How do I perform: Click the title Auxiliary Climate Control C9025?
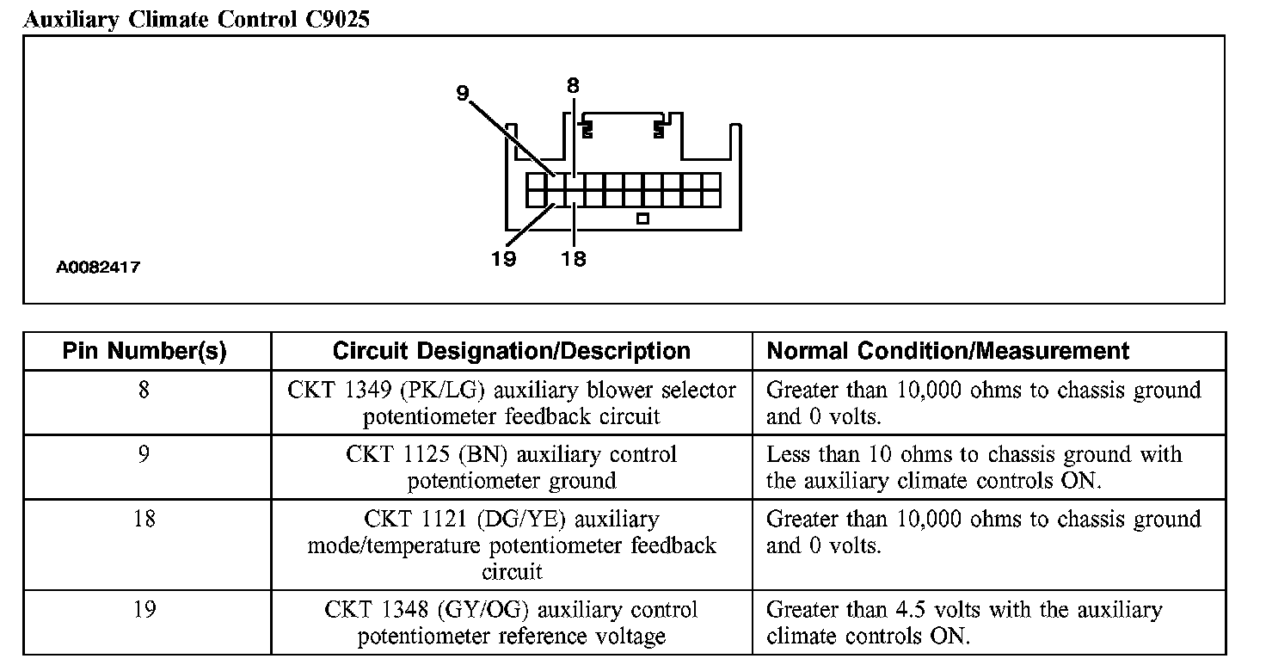point(196,20)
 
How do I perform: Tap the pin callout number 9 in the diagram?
point(463,94)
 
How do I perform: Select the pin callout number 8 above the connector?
point(573,85)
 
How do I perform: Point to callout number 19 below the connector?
point(503,258)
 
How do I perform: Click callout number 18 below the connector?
point(573,258)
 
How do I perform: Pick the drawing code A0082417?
point(98,268)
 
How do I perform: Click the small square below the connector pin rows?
point(642,219)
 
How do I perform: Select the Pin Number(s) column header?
point(144,351)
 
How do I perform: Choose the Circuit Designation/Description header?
point(511,351)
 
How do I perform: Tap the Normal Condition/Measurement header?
point(948,351)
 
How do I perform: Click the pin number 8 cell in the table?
point(144,390)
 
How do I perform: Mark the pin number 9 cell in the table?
point(144,454)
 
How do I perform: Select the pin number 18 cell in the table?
point(144,519)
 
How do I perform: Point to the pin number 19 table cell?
point(144,610)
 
